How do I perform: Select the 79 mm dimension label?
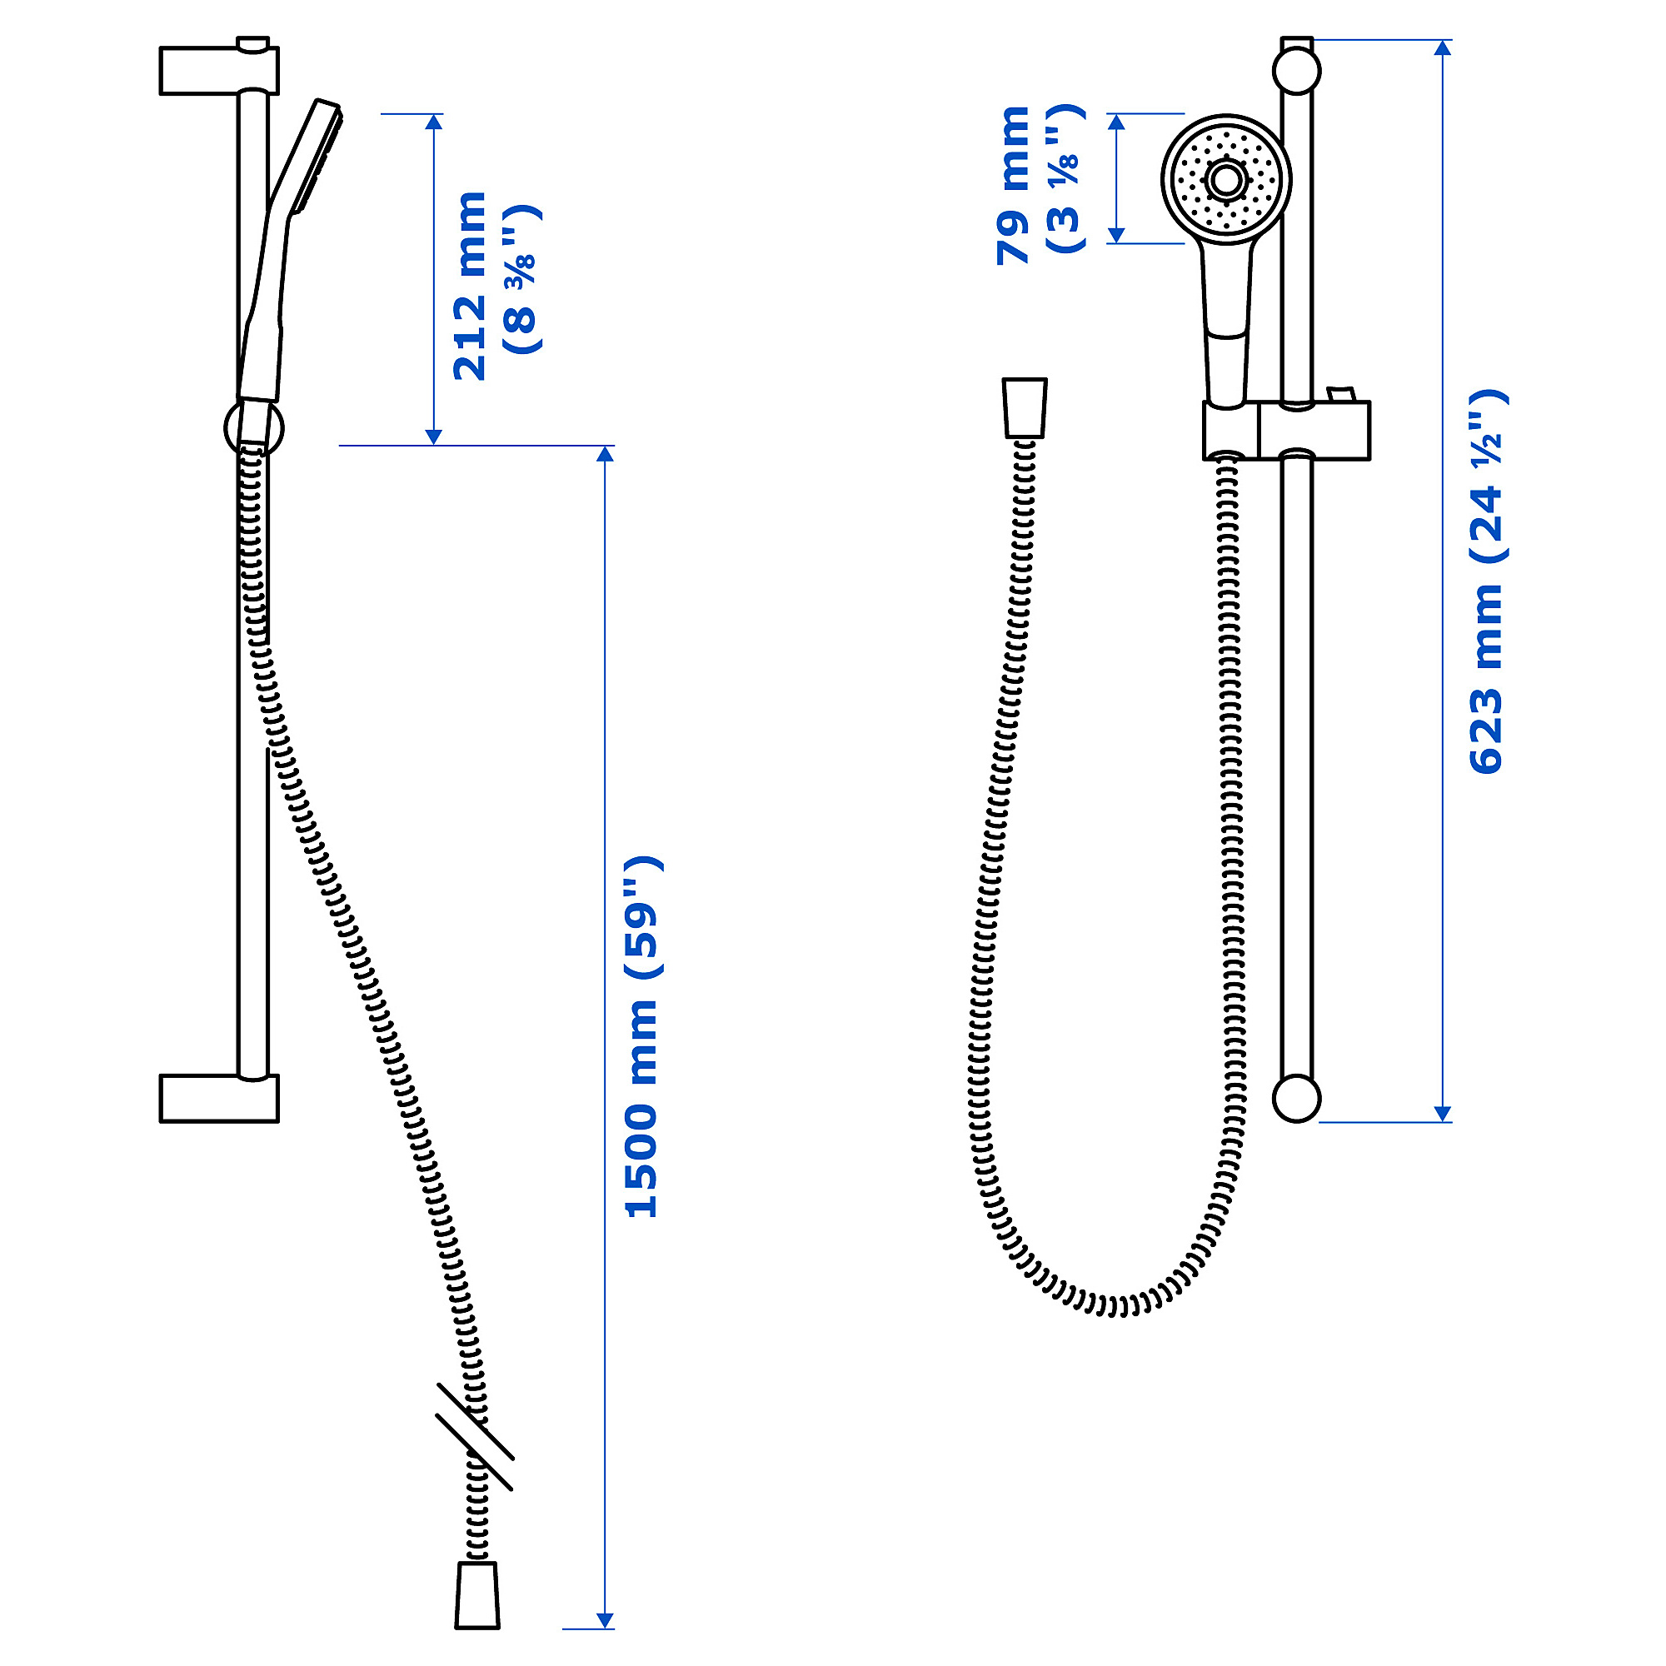coord(1013,185)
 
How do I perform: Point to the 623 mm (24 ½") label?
coord(1486,581)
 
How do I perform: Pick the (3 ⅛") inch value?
coord(1066,178)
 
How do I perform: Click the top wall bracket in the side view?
coord(219,70)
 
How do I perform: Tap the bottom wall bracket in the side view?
coord(219,1098)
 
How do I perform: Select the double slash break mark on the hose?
coord(475,1438)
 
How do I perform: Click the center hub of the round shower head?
coord(1225,180)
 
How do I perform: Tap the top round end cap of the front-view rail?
coord(1296,70)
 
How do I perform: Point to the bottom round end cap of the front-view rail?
coord(1296,1098)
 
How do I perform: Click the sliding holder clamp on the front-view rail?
coord(1287,431)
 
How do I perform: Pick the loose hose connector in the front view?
coord(1025,407)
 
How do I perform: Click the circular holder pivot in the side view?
coord(253,427)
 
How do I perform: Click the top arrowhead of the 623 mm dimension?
coord(1443,47)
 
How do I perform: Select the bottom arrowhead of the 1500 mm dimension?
coord(606,1619)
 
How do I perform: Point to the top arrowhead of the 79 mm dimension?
coord(1116,122)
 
